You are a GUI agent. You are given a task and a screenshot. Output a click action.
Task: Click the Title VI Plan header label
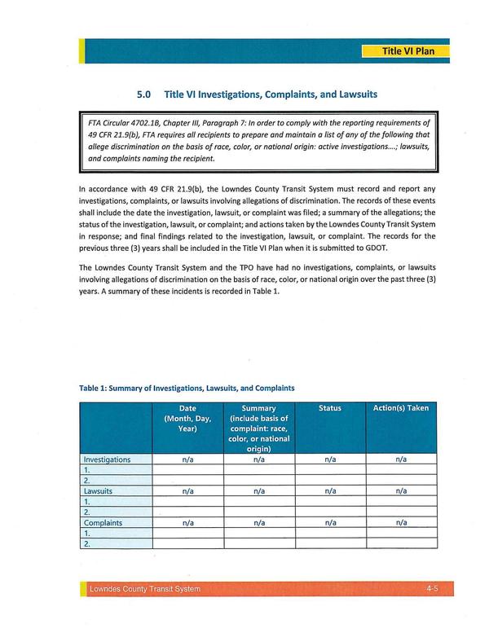[x=408, y=51]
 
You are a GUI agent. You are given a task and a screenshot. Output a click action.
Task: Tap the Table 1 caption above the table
[x=187, y=388]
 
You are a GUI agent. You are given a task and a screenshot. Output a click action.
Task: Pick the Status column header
[x=330, y=408]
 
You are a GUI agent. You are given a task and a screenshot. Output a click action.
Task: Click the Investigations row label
[x=107, y=459]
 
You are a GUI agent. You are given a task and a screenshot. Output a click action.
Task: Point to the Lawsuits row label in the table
[x=98, y=491]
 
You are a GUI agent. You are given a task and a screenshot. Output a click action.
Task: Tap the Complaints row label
[x=103, y=523]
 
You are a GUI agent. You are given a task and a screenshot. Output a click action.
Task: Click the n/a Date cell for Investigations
[x=188, y=459]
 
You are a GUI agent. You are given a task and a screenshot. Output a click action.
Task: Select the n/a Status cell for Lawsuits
[x=330, y=491]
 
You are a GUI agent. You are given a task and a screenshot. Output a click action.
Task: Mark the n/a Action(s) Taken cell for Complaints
[x=400, y=523]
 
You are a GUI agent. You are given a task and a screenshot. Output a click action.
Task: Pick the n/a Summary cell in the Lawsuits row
[x=259, y=491]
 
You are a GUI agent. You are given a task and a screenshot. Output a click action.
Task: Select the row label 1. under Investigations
[x=87, y=470]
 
